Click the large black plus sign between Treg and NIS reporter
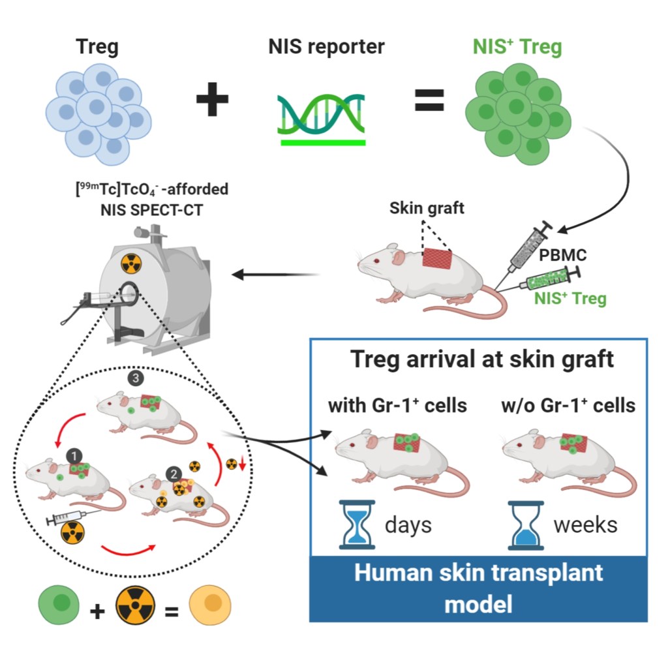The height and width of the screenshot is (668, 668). (213, 101)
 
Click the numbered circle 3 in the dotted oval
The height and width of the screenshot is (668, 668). (137, 377)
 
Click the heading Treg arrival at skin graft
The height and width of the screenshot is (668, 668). (481, 359)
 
